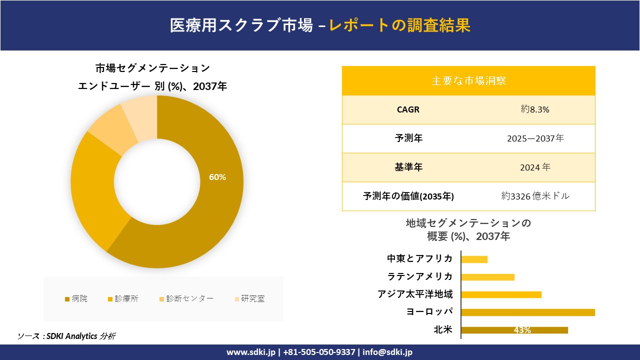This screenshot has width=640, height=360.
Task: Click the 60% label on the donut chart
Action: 217,177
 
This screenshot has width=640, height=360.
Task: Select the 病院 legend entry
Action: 76,298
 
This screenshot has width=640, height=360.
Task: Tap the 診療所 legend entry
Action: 123,298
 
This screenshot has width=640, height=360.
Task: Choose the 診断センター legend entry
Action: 186,298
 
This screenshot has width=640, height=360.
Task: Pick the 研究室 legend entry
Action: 249,298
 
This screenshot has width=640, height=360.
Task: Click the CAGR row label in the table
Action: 408,109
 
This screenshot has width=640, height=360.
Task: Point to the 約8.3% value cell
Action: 535,109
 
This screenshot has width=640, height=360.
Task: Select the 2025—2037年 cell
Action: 535,138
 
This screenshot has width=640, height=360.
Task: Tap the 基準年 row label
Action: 408,167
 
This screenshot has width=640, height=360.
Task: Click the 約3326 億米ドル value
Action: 535,196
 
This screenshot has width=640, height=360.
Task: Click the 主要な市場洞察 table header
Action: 468,80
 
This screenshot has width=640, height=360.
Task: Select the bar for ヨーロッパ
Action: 527,312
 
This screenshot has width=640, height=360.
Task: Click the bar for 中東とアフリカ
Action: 474,259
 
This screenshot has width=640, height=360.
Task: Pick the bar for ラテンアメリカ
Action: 487,277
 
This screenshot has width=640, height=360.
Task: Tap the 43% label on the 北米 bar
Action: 522,330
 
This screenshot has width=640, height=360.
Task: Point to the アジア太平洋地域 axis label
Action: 415,294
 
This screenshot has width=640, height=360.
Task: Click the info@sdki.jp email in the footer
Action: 387,352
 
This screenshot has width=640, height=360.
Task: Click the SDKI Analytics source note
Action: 66,336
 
